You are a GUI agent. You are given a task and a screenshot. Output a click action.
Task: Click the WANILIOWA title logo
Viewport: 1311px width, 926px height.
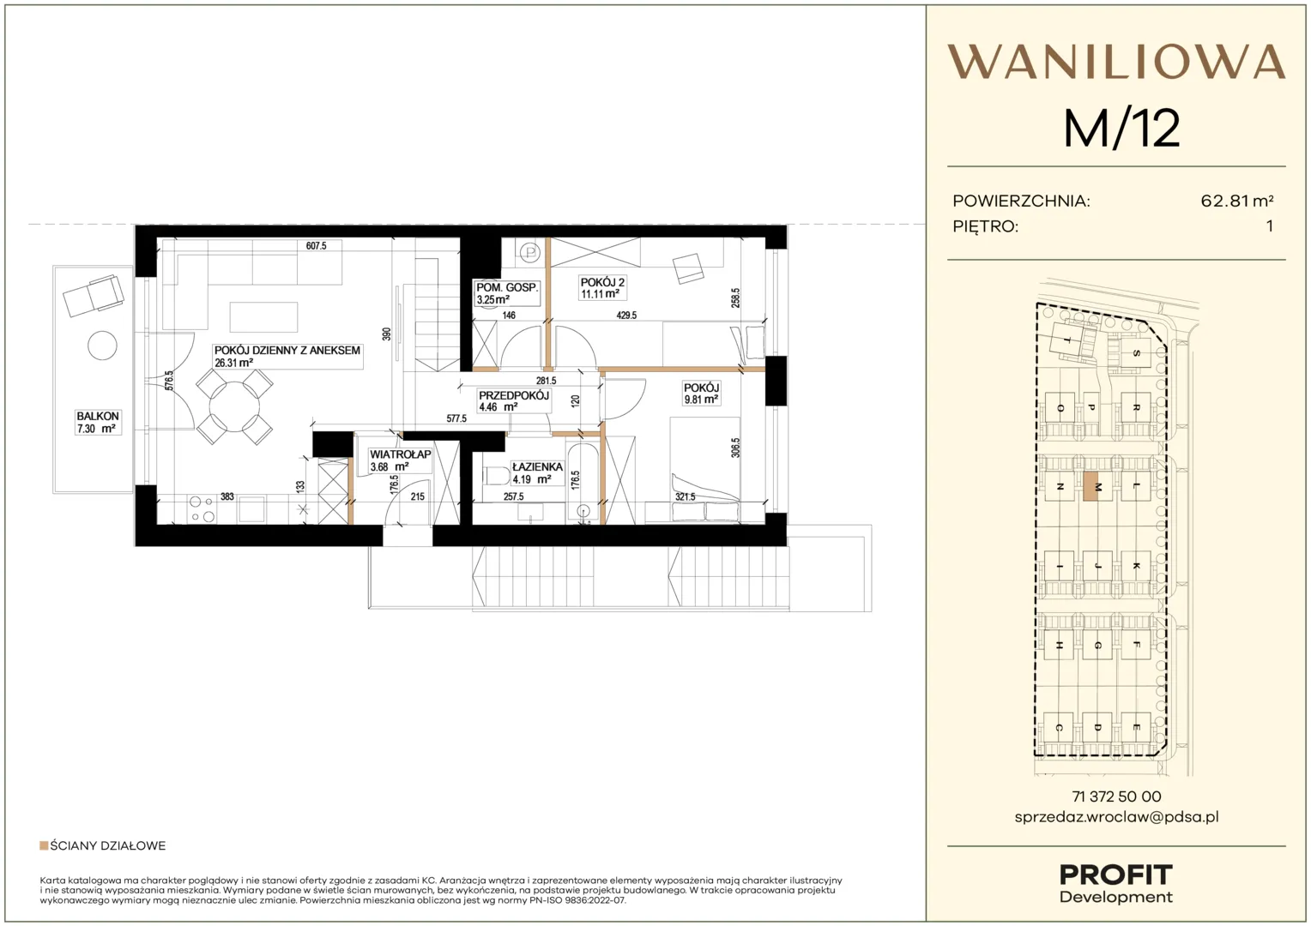1116,62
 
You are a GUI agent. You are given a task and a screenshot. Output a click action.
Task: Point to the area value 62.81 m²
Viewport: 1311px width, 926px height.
1236,201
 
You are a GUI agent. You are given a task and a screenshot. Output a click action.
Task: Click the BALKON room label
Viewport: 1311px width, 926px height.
98,416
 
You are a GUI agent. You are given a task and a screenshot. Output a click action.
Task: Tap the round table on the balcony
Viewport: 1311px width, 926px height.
102,346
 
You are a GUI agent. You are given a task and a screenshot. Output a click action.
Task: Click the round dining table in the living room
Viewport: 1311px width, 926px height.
234,406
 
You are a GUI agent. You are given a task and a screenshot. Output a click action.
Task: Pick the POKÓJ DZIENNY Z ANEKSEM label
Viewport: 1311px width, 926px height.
287,351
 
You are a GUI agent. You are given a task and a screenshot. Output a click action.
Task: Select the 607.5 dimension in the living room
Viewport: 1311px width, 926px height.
316,246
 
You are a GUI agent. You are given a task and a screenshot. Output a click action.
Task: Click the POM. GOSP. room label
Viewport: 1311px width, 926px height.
507,287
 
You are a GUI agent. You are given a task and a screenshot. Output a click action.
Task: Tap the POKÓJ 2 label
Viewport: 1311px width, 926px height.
602,282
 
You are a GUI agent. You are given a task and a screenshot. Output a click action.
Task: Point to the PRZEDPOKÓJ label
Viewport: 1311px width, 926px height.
514,395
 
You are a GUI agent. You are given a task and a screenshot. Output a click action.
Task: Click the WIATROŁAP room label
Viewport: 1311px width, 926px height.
401,454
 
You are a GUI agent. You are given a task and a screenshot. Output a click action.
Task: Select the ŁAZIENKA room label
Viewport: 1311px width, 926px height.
537,466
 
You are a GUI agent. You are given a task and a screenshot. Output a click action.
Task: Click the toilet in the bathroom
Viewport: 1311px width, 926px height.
496,476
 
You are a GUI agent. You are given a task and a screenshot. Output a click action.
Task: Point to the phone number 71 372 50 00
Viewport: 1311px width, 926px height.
1116,797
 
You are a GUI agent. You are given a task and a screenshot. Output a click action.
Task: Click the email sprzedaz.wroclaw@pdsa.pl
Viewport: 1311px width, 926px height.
1116,817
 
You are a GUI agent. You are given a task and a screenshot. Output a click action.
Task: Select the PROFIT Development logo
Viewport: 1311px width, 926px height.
1116,884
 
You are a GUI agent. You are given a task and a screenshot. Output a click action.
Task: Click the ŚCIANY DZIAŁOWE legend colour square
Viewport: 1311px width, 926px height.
43,845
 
